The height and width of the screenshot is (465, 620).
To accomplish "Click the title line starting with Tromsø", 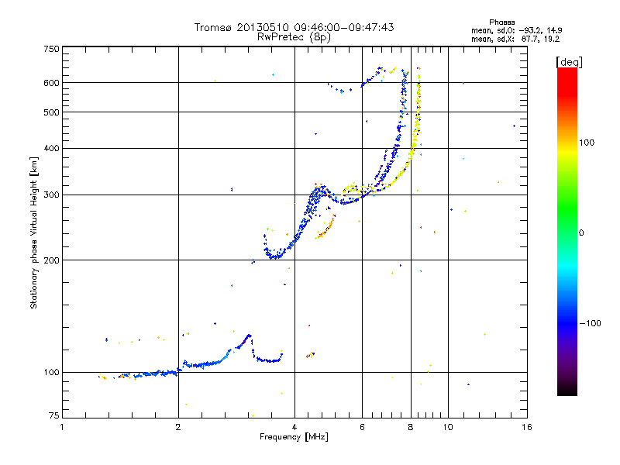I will [294, 27].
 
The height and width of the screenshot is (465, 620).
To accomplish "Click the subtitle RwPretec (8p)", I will [294, 36].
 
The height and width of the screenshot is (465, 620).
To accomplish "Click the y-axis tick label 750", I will [51, 48].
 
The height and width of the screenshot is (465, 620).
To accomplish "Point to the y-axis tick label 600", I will [51, 82].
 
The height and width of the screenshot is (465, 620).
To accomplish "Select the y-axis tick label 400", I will [51, 148].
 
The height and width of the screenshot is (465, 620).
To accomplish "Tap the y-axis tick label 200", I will [51, 260].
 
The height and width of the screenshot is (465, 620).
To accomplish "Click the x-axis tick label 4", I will [294, 426].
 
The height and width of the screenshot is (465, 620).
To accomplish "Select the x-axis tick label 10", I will [448, 426].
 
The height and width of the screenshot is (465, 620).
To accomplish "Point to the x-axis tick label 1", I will [62, 426].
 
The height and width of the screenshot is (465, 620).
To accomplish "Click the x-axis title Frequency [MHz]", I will [294, 437].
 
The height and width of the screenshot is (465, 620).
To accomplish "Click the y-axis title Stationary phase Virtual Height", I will [34, 232].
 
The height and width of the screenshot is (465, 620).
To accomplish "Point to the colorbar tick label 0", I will [582, 232].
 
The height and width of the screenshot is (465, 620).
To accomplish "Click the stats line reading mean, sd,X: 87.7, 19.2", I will [515, 38].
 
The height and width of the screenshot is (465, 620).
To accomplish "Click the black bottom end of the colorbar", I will [567, 392].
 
